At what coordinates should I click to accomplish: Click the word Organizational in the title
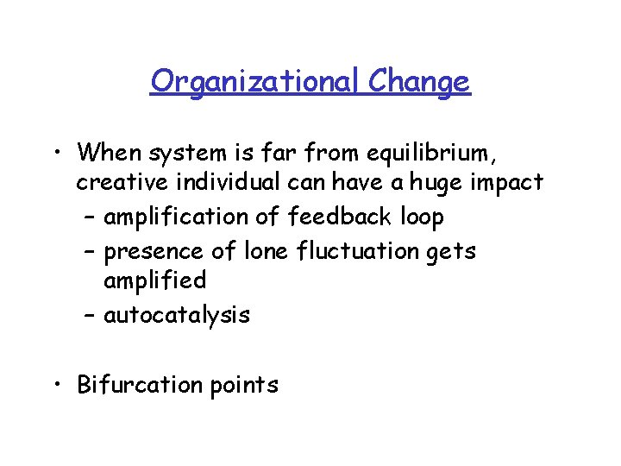coord(255,82)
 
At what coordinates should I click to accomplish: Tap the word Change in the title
coord(419,82)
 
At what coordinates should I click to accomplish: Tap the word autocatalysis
coord(177,315)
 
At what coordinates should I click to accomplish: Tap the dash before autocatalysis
coord(90,316)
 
